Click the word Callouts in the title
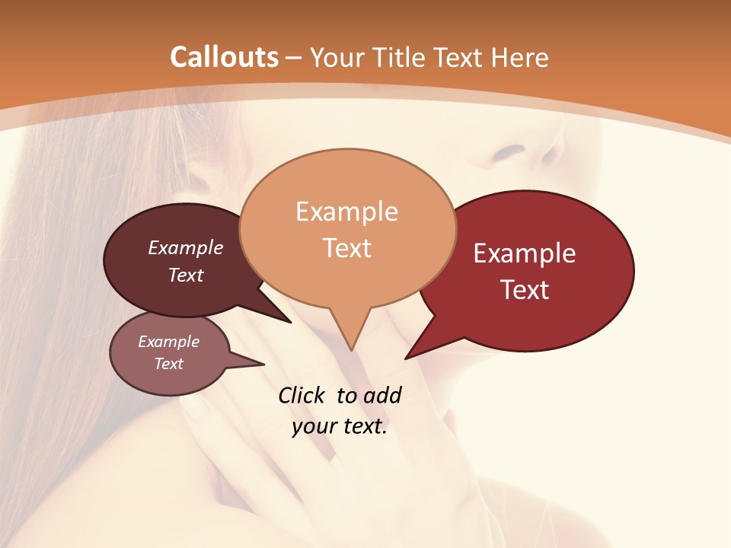[224, 57]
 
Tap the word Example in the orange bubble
[346, 212]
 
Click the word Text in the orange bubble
[346, 248]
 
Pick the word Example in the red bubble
[525, 253]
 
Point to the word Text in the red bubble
[525, 290]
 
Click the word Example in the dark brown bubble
[186, 247]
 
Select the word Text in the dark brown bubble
[186, 275]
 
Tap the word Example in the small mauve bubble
[168, 342]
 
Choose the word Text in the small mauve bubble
[168, 364]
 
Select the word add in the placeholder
[383, 395]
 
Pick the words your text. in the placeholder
[339, 427]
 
